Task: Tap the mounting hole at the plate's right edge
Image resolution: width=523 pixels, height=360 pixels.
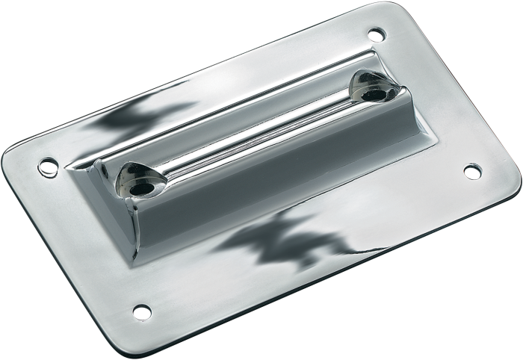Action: (471, 171)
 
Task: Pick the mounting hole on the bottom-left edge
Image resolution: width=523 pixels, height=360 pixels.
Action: (137, 309)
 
